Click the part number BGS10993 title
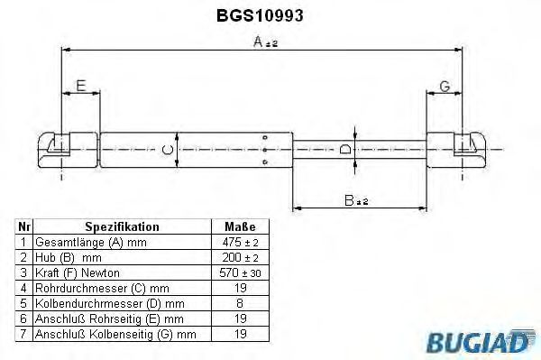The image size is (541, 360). [x=270, y=15]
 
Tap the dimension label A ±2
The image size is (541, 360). [x=265, y=42]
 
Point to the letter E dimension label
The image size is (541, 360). [x=81, y=86]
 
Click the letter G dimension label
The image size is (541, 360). [x=445, y=86]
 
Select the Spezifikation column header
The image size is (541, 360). [x=122, y=227]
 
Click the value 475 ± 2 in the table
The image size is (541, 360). [x=240, y=243]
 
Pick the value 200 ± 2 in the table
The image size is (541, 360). [x=240, y=257]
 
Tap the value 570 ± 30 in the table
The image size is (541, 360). [x=240, y=272]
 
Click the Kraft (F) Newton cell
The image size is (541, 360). [x=77, y=272]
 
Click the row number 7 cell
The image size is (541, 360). [x=23, y=333]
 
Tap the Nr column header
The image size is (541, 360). [x=23, y=227]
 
